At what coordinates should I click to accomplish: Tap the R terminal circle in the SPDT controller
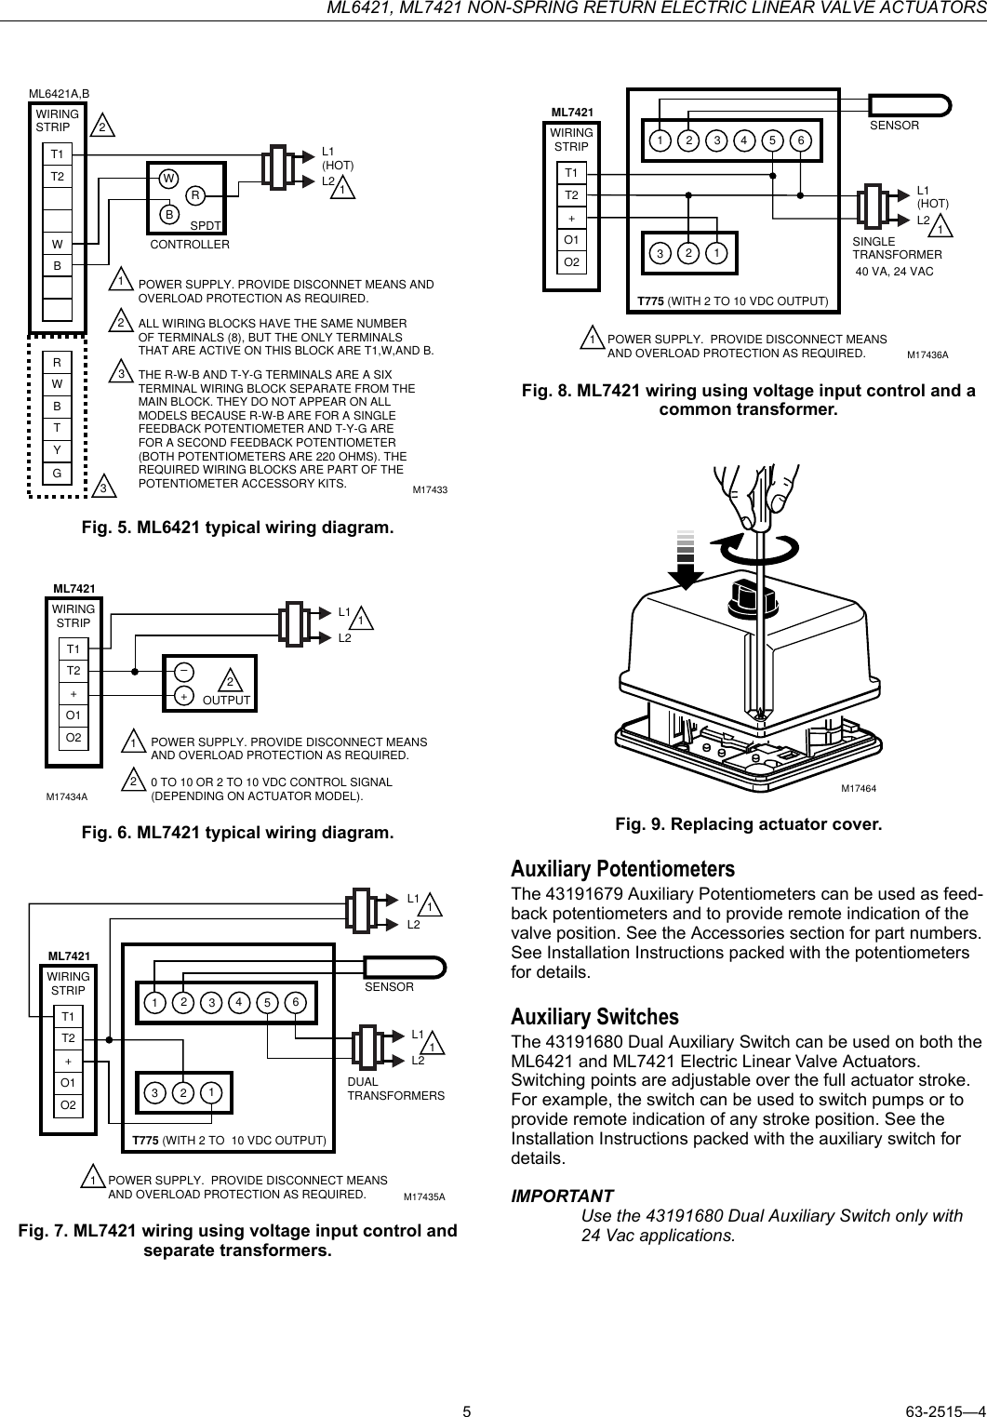coord(195,195)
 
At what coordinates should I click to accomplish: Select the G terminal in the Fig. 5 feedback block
coord(58,474)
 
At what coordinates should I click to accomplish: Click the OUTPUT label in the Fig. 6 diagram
coord(226,700)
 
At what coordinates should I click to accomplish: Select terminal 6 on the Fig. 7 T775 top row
coord(295,1002)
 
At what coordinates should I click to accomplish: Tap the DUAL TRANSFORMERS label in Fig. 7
coord(395,1089)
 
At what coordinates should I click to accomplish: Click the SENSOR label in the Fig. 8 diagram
coord(894,125)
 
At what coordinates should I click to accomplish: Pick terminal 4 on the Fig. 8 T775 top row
coord(744,141)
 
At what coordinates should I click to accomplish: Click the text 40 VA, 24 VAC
coord(894,271)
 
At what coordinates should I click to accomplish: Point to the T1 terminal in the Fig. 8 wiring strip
coord(571,173)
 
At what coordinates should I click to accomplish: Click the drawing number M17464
coord(859,789)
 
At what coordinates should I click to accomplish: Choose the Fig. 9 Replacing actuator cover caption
coord(748,825)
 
